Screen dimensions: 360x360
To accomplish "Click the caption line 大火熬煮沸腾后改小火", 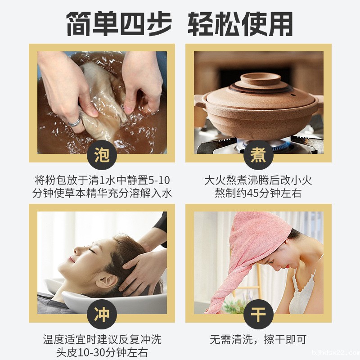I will point(258,180).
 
